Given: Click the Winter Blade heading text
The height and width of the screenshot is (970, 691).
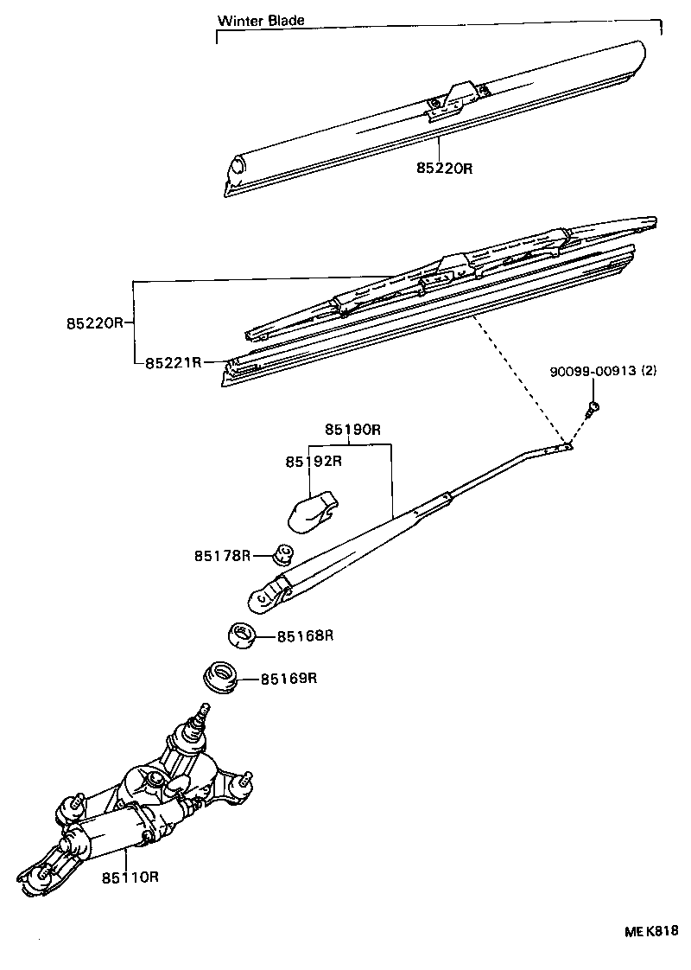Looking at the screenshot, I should (261, 20).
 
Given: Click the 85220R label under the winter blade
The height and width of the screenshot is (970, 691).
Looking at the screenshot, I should (444, 169).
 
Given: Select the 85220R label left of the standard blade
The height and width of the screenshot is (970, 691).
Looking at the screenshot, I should (95, 323).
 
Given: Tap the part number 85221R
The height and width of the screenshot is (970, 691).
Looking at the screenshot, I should (173, 363).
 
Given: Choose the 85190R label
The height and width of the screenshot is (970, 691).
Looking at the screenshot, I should (353, 430).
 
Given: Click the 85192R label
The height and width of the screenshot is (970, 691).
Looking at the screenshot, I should (314, 461).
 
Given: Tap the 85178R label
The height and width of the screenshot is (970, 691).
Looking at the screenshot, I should (222, 555).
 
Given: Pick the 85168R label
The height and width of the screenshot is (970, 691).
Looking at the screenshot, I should (305, 635).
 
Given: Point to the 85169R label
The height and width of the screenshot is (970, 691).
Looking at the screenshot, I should (289, 678).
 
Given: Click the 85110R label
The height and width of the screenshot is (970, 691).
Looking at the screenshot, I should (130, 877).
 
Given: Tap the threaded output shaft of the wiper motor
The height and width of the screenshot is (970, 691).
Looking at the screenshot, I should (203, 714).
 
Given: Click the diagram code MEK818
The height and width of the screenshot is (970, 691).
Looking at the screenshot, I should (651, 931).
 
